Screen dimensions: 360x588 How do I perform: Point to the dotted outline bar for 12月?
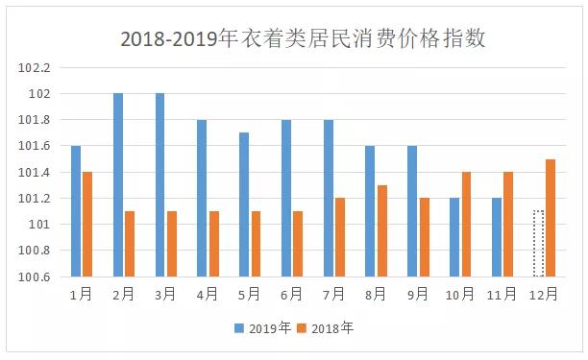pos(538,244)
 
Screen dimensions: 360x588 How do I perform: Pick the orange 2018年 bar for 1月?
pos(87,225)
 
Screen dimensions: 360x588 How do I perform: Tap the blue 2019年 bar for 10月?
pos(454,237)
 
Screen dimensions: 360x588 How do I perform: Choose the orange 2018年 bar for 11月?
pos(508,225)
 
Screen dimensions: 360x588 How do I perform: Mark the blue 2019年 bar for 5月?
pos(244,204)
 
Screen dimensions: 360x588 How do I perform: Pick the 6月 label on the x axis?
pos(292,294)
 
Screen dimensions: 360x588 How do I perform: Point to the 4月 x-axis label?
pos(208,294)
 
